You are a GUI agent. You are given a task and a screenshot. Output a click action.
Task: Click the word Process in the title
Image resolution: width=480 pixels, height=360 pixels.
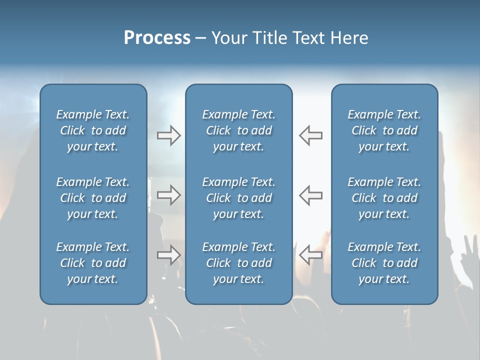(157, 38)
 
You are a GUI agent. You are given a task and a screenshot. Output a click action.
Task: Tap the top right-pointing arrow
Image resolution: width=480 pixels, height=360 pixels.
(169, 135)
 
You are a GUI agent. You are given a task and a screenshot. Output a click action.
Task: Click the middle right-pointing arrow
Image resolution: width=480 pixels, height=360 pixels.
(169, 195)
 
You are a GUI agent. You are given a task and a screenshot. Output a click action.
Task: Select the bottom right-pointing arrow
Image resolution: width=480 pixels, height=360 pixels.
(169, 255)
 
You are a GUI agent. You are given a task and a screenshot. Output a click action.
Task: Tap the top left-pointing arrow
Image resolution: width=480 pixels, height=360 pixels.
(310, 135)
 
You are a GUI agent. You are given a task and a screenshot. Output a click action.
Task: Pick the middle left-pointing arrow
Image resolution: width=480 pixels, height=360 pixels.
(310, 195)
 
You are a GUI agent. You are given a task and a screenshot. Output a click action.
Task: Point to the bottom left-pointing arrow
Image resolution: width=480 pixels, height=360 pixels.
(310, 255)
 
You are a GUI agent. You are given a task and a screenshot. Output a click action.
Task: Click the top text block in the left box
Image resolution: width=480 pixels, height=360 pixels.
(93, 130)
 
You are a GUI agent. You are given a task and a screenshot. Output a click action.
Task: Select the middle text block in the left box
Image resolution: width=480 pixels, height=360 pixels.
(93, 198)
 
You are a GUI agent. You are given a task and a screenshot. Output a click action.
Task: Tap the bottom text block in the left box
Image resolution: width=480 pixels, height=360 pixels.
(93, 263)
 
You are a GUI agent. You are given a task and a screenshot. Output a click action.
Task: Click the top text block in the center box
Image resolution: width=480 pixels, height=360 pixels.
(238, 130)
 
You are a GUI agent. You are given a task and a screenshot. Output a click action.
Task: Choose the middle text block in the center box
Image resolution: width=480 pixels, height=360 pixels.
(238, 198)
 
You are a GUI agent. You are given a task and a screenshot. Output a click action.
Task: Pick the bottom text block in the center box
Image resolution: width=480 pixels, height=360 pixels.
(238, 263)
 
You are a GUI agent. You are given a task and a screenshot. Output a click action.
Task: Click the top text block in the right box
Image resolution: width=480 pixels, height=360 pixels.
(384, 130)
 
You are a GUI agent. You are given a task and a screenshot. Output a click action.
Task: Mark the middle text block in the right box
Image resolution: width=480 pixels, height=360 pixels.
(384, 198)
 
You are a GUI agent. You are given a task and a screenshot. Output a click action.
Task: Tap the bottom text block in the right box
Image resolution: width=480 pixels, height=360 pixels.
(384, 263)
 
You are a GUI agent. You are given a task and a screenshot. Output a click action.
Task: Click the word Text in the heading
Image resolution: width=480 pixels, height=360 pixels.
(309, 38)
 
